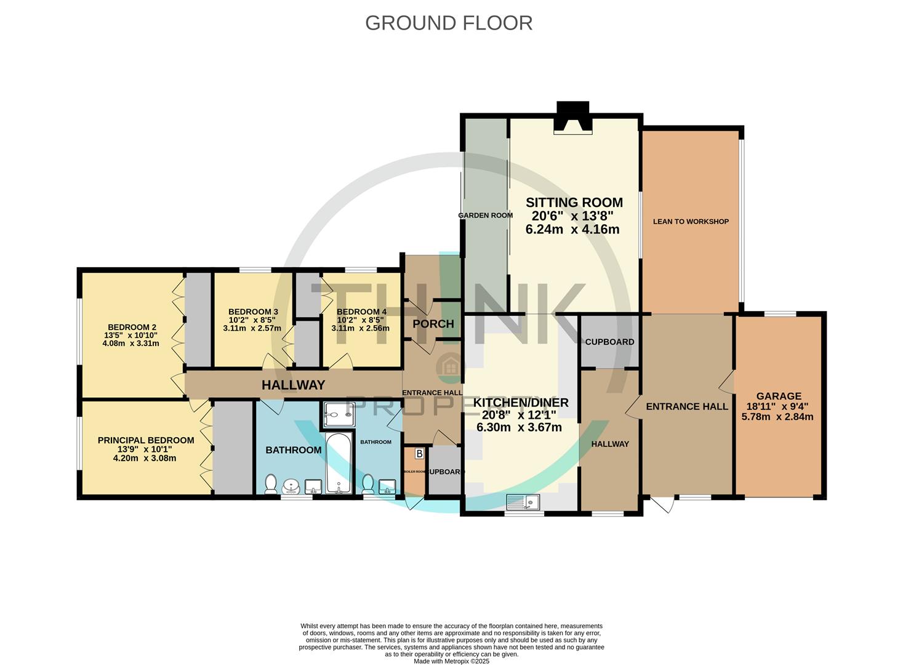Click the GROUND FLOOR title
point(448,23)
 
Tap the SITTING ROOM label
point(574,203)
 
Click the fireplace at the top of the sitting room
point(572,118)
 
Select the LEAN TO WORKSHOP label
point(691,222)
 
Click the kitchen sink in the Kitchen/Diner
point(522,502)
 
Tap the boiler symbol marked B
point(419,454)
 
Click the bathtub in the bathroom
point(339,464)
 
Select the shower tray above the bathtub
point(338,415)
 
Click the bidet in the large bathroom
point(291,487)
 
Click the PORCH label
point(433,324)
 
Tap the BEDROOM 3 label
point(253,312)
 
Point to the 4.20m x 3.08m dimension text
point(146,458)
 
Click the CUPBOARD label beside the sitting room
point(609,342)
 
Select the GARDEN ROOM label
point(485,216)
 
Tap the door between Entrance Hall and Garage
point(728,382)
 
